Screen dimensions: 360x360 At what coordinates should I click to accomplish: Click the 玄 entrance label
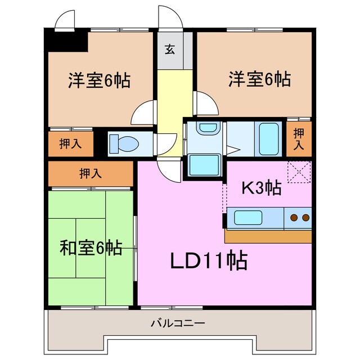[169, 49]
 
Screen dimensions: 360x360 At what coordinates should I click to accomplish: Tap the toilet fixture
[124, 143]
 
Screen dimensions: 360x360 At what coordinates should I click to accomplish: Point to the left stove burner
[293, 217]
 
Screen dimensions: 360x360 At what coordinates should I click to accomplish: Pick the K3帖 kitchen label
[261, 188]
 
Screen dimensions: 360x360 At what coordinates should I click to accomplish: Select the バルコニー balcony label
[178, 323]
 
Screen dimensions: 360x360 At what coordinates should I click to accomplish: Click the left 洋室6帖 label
[99, 81]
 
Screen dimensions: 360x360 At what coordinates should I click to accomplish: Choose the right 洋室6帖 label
[259, 79]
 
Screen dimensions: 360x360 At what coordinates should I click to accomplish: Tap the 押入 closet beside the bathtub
[299, 138]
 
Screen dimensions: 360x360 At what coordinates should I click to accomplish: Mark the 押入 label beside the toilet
[71, 143]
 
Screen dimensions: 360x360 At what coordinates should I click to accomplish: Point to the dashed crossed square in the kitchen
[298, 172]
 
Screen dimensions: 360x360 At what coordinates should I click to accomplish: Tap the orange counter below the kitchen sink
[268, 236]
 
